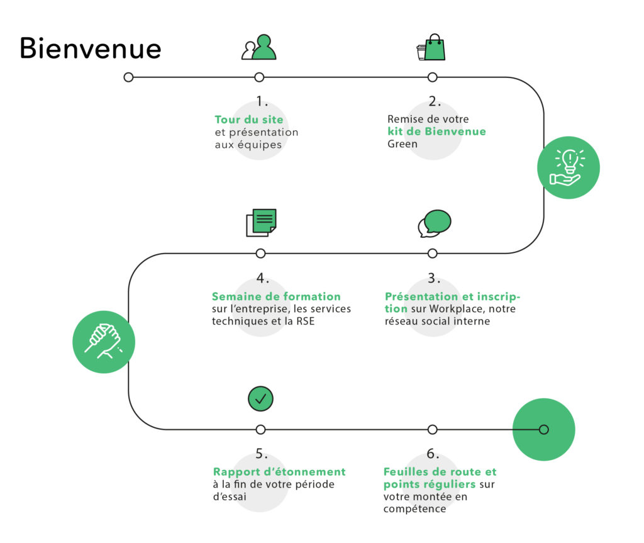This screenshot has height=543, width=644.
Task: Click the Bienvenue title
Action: [x=91, y=48]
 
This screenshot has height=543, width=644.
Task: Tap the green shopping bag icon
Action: [x=434, y=48]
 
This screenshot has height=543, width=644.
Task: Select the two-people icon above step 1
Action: [x=259, y=48]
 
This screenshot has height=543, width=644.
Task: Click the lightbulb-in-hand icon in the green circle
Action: [x=569, y=167]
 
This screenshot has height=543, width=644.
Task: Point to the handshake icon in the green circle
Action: [x=104, y=342]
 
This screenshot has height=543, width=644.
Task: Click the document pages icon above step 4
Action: [x=261, y=222]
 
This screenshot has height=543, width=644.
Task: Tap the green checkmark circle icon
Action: [x=260, y=398]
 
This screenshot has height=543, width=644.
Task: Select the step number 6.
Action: [x=433, y=454]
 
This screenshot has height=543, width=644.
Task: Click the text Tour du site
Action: [x=249, y=120]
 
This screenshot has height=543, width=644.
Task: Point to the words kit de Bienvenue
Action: [x=436, y=132]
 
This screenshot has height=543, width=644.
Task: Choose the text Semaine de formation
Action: [x=276, y=296]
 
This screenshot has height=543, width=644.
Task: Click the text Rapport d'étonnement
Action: [x=279, y=472]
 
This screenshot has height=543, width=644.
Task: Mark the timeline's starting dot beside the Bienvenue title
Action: [x=129, y=77]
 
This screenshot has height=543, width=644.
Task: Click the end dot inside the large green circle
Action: [x=544, y=430]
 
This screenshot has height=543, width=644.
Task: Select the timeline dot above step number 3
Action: [x=432, y=254]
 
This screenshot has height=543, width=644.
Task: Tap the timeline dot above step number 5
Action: [x=260, y=430]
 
